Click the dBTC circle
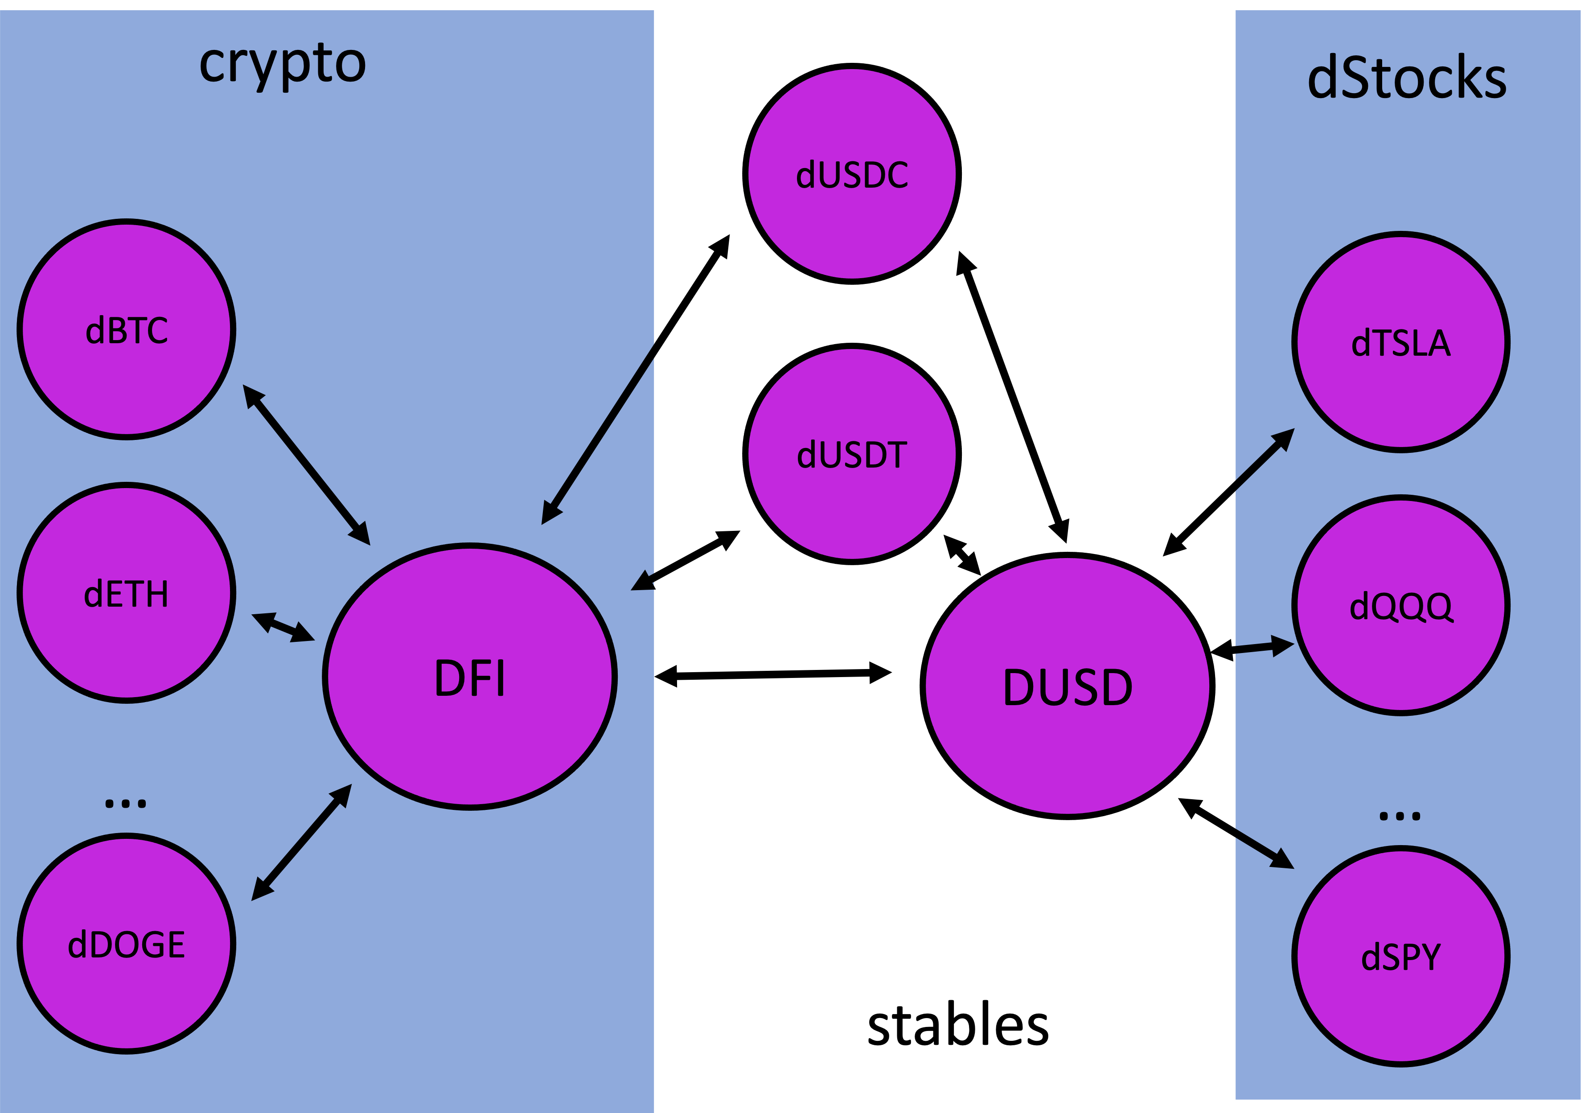pyautogui.click(x=127, y=329)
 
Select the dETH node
pyautogui.click(x=127, y=593)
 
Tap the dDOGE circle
pyautogui.click(x=127, y=944)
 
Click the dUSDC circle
pyautogui.click(x=852, y=173)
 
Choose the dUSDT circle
pyautogui.click(x=852, y=454)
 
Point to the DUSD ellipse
pyautogui.click(x=1068, y=686)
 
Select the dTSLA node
pyautogui.click(x=1400, y=342)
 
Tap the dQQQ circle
pyautogui.click(x=1400, y=605)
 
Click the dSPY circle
pyautogui.click(x=1400, y=957)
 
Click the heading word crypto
pyautogui.click(x=282, y=63)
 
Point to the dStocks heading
pyautogui.click(x=1407, y=78)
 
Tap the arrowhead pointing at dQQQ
pyautogui.click(x=1282, y=645)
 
